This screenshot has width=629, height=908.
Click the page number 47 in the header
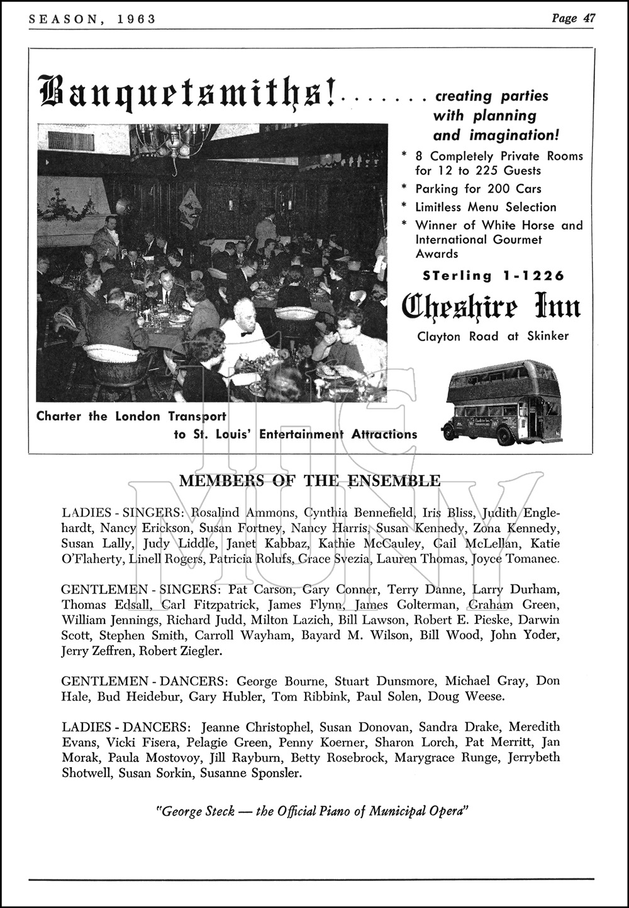589,18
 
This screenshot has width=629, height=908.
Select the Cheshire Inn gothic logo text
491,307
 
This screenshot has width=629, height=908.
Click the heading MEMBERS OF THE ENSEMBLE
310,481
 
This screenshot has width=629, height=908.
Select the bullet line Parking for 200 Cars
478,189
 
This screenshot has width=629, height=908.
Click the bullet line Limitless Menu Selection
486,207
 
